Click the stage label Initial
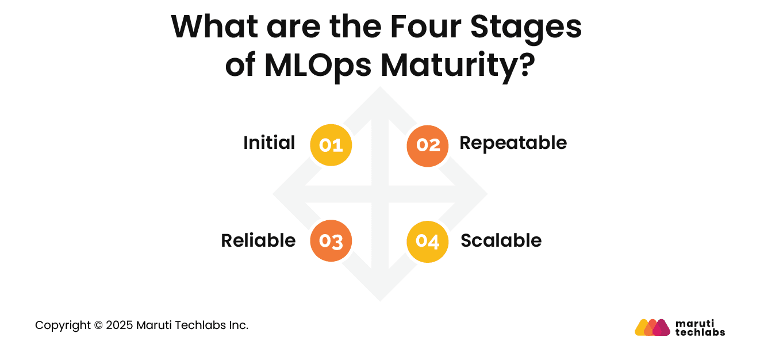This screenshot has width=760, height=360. coord(269,143)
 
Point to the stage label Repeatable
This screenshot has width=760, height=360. coord(513,143)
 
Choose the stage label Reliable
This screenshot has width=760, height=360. coord(258,240)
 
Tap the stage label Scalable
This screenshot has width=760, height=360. coord(501,240)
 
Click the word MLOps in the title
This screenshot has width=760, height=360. coord(318,67)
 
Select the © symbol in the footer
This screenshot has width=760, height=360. coord(97,325)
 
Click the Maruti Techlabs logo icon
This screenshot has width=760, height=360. coord(652,327)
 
